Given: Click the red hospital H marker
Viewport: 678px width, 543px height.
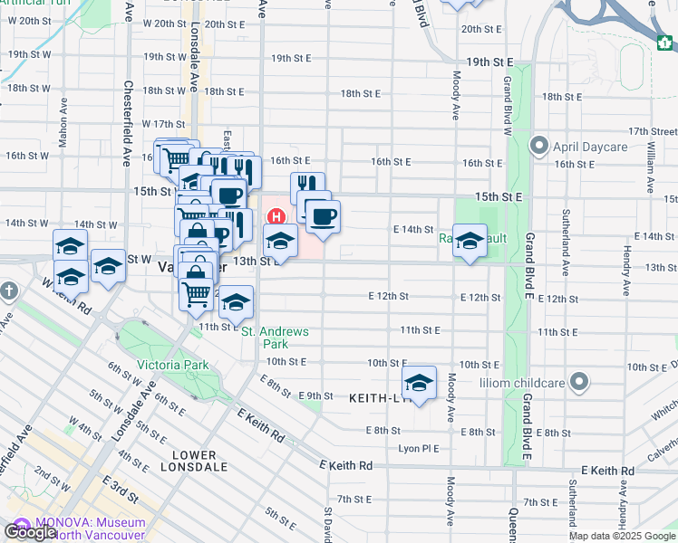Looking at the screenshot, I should (x=276, y=217).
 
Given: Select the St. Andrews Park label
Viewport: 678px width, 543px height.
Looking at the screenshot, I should (x=275, y=338).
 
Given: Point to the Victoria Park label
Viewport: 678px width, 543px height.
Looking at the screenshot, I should (x=172, y=365).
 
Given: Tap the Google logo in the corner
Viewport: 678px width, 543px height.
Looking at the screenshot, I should (x=30, y=532).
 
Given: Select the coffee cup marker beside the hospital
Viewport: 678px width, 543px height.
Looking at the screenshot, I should (x=324, y=215).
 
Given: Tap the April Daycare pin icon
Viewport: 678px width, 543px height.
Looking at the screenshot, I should (x=540, y=145).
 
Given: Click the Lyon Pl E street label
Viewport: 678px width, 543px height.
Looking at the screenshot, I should (x=419, y=448).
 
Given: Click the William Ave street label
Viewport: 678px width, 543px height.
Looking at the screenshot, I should (x=651, y=167).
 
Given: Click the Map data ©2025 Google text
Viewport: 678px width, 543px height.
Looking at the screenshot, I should (x=622, y=536).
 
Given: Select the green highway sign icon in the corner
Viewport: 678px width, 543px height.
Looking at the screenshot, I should (x=665, y=41).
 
